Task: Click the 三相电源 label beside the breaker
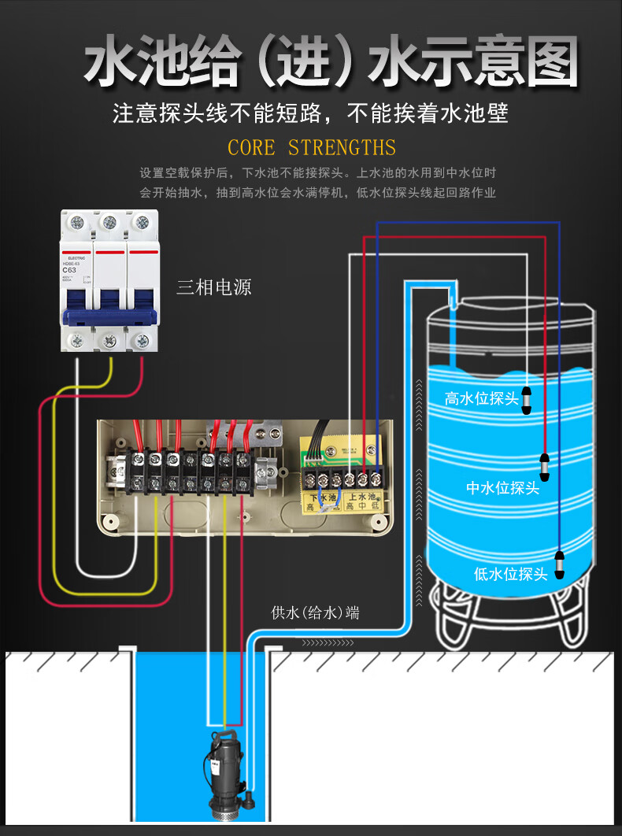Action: pos(213,287)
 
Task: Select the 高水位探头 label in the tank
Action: pos(481,399)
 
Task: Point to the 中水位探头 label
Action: pos(502,488)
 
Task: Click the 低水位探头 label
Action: pos(510,574)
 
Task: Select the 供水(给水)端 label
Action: pos(315,612)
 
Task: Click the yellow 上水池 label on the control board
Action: pos(362,498)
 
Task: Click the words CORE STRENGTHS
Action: pos(312,148)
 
